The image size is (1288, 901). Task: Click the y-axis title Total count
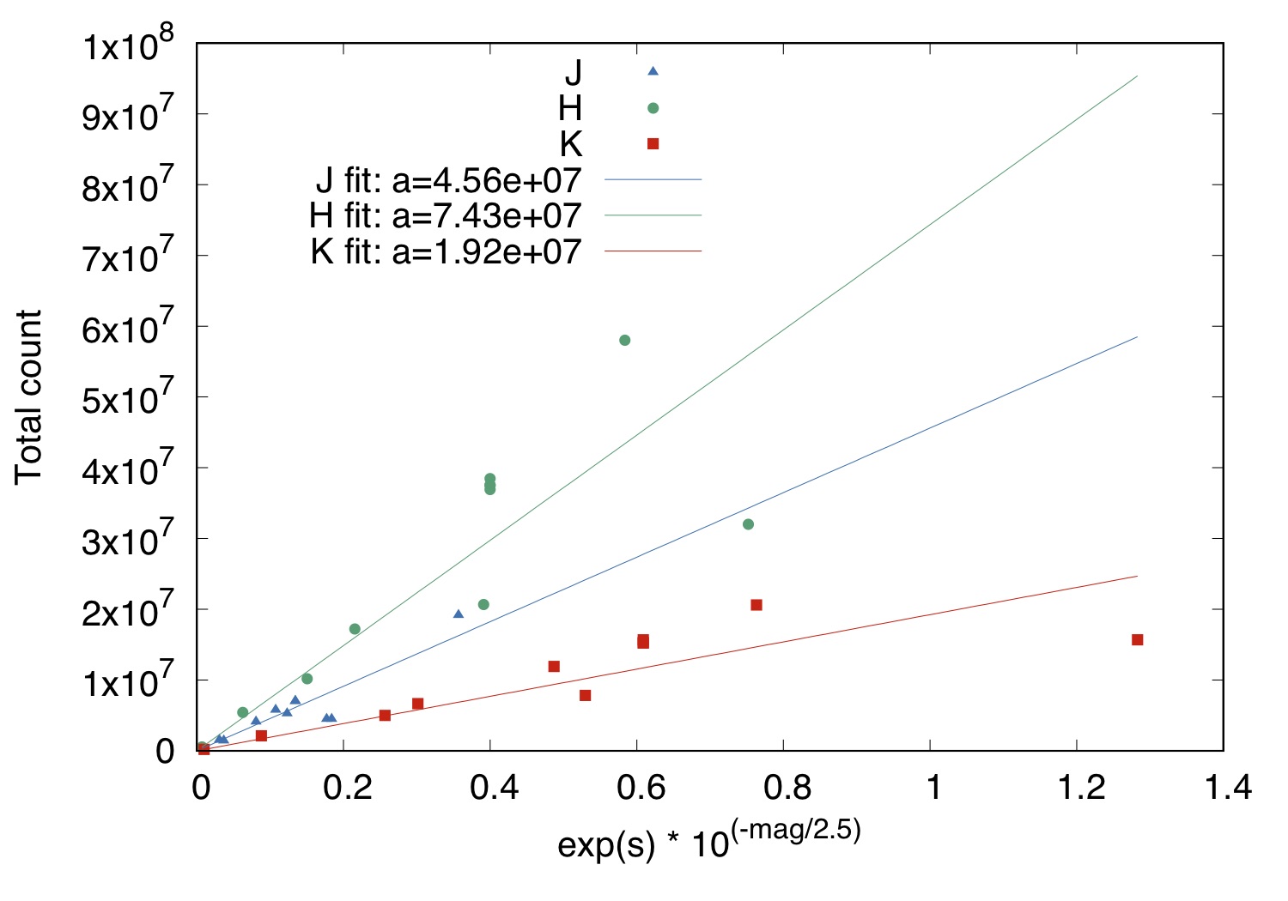tap(28, 396)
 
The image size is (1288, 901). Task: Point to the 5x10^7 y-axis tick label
tap(128, 397)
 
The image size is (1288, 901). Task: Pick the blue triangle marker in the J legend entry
tap(653, 71)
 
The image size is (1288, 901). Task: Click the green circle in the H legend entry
tap(653, 108)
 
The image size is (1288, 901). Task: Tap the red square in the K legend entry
tap(653, 144)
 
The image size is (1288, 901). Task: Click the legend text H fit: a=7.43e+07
tap(445, 216)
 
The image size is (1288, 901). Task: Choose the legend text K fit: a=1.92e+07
tap(446, 252)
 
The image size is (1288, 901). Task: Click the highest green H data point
tap(624, 341)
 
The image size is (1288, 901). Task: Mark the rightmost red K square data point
tap(1137, 639)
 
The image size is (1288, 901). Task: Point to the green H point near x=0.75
tap(748, 524)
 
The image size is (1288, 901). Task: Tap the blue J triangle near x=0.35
tap(458, 614)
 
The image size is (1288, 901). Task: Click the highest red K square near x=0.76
tap(756, 605)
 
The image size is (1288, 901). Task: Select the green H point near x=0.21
tap(355, 629)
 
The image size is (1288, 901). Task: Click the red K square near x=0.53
tap(585, 695)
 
